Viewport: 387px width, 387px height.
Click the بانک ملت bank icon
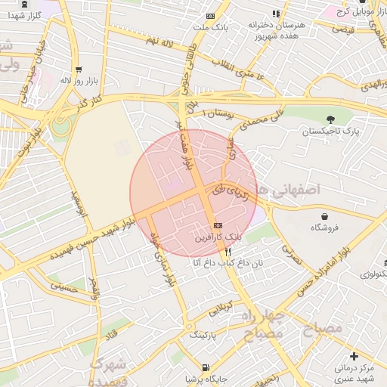coord(209,16)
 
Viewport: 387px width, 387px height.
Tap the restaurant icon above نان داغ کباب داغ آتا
coord(228,251)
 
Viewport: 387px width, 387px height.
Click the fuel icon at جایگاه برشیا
coord(187,377)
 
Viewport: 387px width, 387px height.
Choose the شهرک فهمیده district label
coord(107,370)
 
